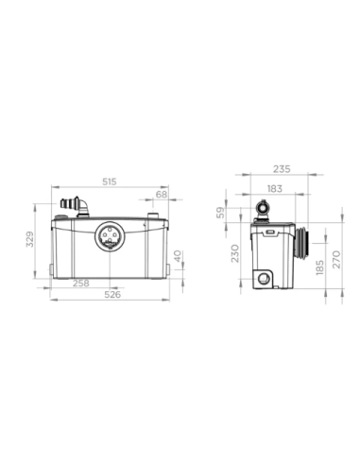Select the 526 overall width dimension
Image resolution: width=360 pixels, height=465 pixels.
111,293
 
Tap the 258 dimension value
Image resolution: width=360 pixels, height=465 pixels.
82,282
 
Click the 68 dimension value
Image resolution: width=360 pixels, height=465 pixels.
161,194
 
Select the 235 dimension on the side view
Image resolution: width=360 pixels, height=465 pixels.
281,170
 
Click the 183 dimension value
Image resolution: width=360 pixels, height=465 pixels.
272,189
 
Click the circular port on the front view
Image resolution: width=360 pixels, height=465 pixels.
110,239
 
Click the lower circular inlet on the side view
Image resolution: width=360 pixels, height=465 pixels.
262,277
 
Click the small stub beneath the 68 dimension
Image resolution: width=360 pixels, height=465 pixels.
151,216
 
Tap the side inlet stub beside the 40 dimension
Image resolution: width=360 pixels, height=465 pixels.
176,256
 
